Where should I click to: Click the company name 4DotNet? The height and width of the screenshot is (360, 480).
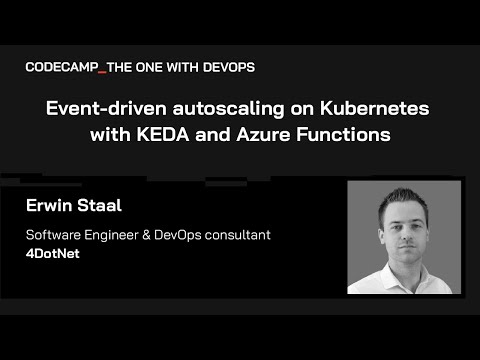pos(55,254)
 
